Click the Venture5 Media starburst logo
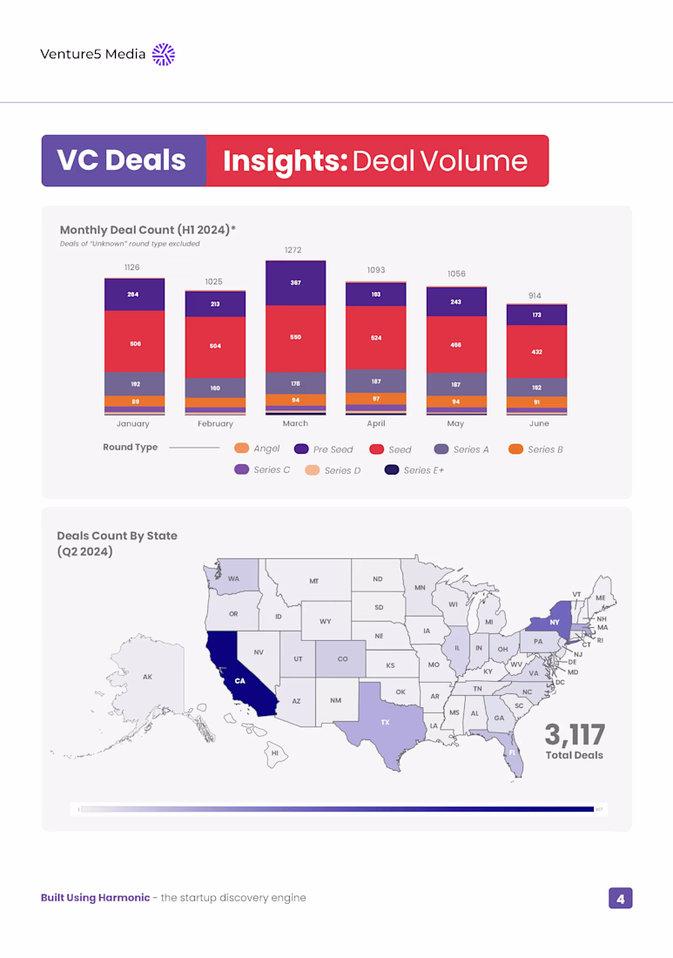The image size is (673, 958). (x=164, y=54)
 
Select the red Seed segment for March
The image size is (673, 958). (x=295, y=338)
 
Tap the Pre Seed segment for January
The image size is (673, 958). (x=133, y=294)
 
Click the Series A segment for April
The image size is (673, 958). (x=375, y=381)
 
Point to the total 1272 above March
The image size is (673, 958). (x=294, y=250)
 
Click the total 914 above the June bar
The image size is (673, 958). (x=535, y=296)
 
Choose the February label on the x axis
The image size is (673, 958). (x=215, y=424)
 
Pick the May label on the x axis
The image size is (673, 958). (x=455, y=424)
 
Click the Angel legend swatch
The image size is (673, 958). (x=242, y=449)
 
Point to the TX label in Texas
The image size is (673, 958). (x=385, y=723)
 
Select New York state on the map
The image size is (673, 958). (x=550, y=623)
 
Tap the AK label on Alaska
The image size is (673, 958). (x=147, y=677)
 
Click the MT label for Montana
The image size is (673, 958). (x=313, y=581)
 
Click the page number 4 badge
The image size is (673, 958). (x=620, y=898)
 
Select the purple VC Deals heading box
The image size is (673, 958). (x=123, y=161)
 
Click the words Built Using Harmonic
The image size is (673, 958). (x=95, y=898)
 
